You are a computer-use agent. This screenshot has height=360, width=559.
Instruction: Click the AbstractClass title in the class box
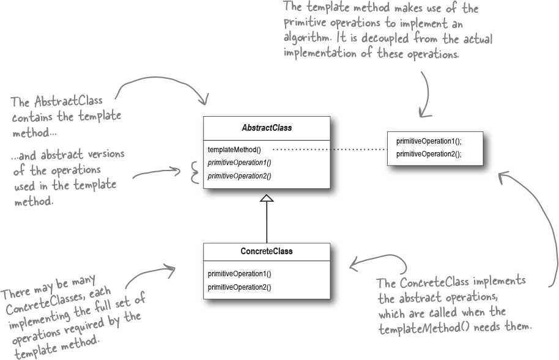point(267,128)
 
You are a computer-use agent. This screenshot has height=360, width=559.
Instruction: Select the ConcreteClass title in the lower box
point(267,251)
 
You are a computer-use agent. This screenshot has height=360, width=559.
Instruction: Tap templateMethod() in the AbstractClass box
point(234,150)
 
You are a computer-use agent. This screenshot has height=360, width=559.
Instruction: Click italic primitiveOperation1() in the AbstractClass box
point(239,163)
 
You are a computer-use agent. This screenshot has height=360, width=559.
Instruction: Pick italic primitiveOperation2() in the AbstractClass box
point(239,176)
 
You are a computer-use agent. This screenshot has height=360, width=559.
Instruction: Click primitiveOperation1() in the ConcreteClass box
point(239,274)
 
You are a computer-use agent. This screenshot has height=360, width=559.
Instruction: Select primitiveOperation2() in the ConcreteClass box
point(239,287)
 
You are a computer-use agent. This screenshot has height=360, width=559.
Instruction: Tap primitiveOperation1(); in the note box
point(429,141)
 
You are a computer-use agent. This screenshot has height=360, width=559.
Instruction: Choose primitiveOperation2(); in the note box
point(429,154)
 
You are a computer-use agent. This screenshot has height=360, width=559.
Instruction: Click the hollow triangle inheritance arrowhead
point(267,198)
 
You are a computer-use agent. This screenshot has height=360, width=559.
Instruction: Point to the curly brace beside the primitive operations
point(194,172)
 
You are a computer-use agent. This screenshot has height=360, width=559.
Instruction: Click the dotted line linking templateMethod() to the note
point(330,149)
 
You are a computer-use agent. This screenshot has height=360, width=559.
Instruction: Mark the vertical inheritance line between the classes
point(267,222)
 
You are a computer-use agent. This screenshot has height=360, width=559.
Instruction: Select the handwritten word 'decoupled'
point(385,37)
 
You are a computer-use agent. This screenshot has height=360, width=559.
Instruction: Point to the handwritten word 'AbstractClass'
point(68,101)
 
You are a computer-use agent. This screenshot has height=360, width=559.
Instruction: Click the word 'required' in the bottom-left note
point(84,325)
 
